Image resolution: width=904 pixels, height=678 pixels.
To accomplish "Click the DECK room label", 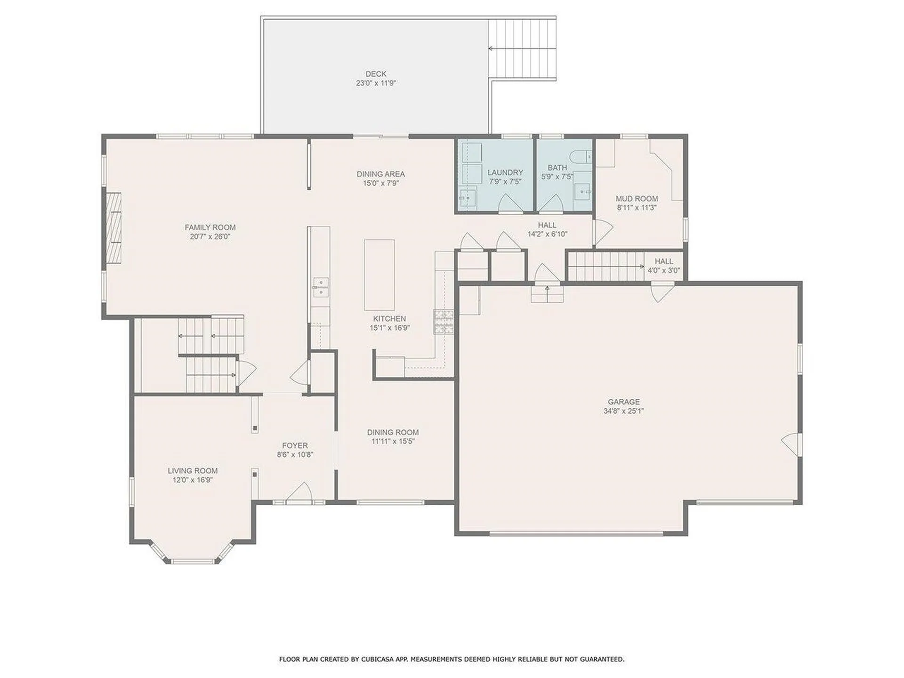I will [376, 74].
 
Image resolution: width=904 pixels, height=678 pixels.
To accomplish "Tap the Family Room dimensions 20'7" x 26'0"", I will [210, 236].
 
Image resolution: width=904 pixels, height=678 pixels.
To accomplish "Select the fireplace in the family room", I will [113, 231].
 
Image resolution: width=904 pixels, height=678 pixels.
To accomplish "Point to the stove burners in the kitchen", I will [444, 322].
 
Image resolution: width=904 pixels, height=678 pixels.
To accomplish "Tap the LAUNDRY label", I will [505, 172].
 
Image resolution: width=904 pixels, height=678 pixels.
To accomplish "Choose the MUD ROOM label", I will [637, 199].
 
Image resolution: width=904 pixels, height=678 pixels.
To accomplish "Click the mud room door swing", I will [603, 231].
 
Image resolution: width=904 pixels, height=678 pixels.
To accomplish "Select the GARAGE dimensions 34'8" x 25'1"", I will [623, 411].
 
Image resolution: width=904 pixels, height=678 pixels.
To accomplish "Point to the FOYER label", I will [295, 445].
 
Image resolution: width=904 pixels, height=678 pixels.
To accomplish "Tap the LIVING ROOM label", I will [193, 470].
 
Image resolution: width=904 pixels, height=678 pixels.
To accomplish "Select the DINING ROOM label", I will [393, 432].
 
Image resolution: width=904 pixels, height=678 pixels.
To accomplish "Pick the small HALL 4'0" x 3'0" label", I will [664, 266].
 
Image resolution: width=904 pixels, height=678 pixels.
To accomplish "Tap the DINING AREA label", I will [380, 174].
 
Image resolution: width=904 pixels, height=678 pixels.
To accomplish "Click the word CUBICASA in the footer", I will [377, 659].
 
